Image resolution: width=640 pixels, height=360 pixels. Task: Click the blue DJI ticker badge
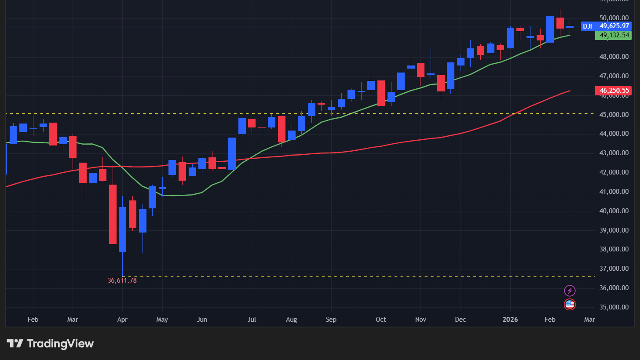(587, 26)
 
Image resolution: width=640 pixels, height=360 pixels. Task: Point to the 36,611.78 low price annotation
(122, 280)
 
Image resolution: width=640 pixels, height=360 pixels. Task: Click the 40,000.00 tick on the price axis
(614, 211)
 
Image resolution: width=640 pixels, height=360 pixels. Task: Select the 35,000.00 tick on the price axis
(614, 307)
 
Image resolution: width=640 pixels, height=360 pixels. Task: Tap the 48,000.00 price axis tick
(614, 57)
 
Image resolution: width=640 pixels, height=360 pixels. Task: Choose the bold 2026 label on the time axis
(510, 320)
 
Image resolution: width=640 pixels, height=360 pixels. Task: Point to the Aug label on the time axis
(291, 320)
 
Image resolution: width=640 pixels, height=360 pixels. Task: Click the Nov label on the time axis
(421, 320)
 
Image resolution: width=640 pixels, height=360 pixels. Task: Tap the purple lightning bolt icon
(570, 291)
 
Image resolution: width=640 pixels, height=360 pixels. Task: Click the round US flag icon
(570, 304)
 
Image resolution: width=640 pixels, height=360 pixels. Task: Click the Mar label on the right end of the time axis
(589, 320)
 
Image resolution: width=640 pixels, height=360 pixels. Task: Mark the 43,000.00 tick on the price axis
(614, 153)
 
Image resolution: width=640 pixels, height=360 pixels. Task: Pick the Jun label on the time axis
(202, 320)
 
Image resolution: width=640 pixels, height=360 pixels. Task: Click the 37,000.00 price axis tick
(614, 269)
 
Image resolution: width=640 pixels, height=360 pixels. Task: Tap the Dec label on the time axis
(461, 320)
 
